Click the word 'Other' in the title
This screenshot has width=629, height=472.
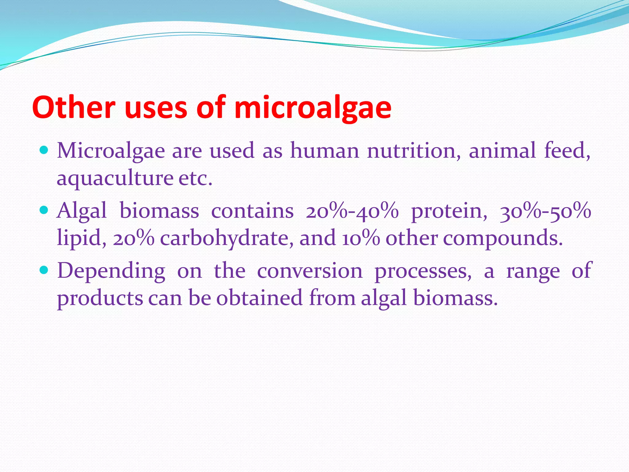point(73,108)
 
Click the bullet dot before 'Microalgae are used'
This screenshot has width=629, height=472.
point(44,151)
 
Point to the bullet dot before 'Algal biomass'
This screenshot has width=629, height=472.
point(44,210)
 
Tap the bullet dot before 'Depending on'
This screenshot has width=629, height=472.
point(44,270)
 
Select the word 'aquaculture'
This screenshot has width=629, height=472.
point(115,178)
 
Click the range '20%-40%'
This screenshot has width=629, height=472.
point(352,211)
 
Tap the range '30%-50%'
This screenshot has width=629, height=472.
point(545,211)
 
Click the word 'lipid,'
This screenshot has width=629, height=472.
point(82,238)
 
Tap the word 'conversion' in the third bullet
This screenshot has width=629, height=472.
point(310,271)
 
